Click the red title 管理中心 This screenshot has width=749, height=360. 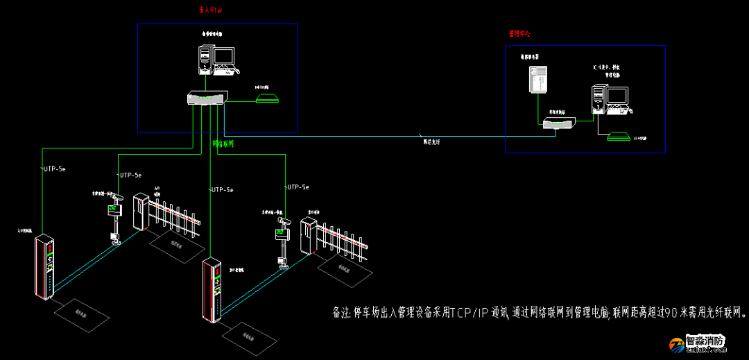click(x=519, y=33)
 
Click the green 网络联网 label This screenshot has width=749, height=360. click(x=223, y=144)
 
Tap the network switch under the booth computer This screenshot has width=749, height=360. click(x=207, y=98)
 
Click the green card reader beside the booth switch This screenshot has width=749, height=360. click(x=267, y=97)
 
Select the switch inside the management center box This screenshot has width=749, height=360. click(x=559, y=123)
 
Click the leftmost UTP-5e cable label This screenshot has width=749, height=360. click(x=54, y=169)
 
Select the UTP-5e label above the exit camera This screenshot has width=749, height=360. click(x=297, y=187)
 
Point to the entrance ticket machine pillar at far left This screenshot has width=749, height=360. click(x=46, y=268)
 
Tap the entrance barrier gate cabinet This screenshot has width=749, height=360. click(x=141, y=212)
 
